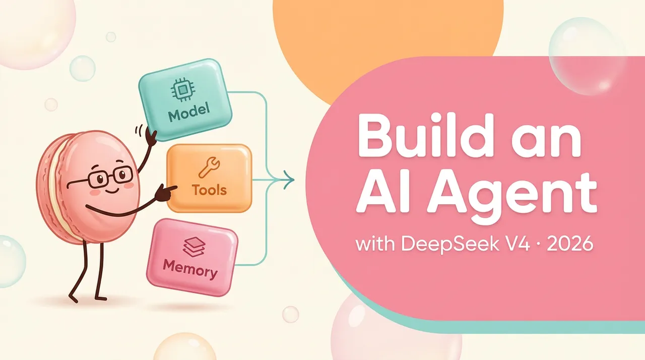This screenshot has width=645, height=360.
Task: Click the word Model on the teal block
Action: (x=189, y=112)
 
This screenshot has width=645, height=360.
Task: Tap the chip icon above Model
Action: (x=183, y=90)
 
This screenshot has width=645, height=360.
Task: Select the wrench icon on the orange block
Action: (x=209, y=167)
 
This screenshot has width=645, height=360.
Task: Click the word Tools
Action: (x=209, y=190)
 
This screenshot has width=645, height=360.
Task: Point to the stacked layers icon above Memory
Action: (x=194, y=247)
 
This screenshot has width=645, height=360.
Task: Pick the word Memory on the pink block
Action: (x=190, y=269)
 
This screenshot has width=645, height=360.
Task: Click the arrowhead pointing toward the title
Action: (x=289, y=179)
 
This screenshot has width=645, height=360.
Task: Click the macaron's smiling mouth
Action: (x=112, y=191)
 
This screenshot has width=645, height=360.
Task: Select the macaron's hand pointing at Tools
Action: (x=165, y=193)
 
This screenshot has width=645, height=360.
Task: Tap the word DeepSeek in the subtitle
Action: (x=449, y=244)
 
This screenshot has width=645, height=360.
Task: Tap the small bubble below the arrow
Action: (x=290, y=314)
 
